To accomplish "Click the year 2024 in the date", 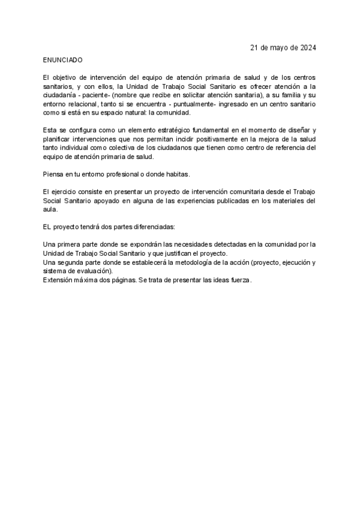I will point(307,47).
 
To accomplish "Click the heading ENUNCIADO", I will point(63,61).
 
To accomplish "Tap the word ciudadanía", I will point(61,95).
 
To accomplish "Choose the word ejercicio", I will point(66,191).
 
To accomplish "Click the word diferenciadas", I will point(153,227).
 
